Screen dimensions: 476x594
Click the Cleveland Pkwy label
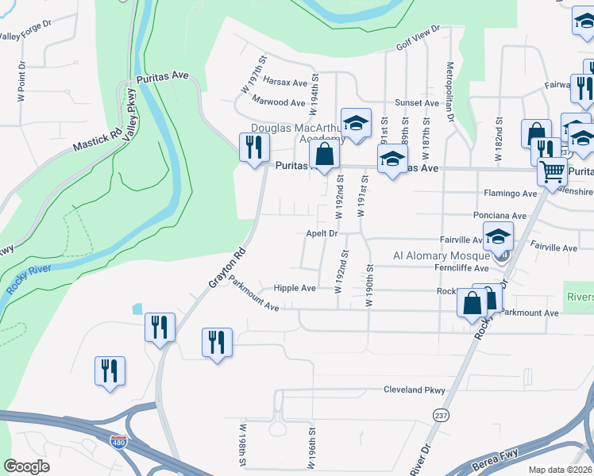click(415, 390)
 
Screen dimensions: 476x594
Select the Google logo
click(26, 466)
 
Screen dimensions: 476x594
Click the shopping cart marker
click(552, 171)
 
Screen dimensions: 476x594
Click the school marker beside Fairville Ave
click(498, 236)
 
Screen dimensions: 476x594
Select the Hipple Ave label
click(295, 288)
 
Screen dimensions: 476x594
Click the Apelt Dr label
click(322, 234)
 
